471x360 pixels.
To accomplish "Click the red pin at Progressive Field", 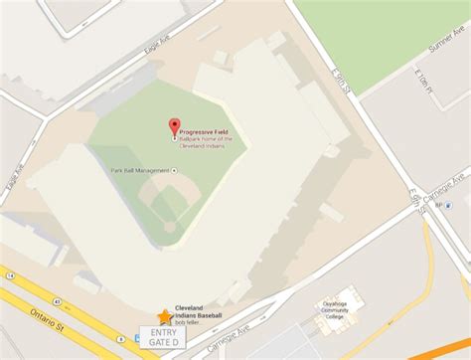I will pyautogui.click(x=175, y=126).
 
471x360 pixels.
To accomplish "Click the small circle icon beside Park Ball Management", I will pyautogui.click(x=175, y=170).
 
